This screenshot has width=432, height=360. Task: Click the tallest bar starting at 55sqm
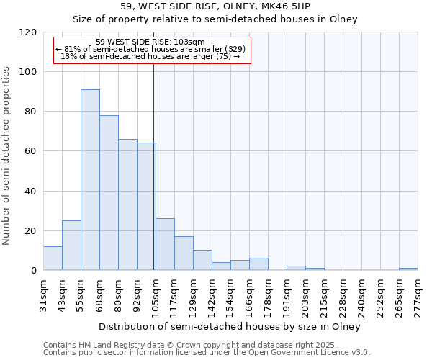point(90,180)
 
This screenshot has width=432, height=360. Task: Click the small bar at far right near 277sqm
point(408,269)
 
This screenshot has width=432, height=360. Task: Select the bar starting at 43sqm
point(71,246)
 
